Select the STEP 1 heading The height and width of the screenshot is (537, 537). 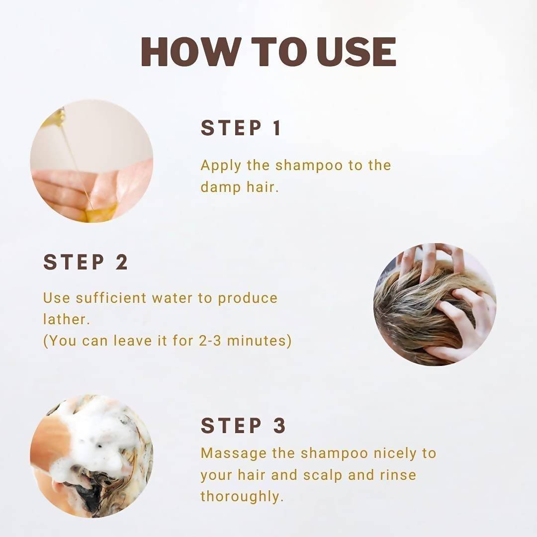pyautogui.click(x=241, y=128)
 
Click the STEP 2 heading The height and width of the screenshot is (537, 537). pyautogui.click(x=86, y=262)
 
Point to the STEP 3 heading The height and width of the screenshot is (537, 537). pyautogui.click(x=243, y=425)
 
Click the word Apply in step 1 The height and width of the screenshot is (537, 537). pyautogui.click(x=221, y=166)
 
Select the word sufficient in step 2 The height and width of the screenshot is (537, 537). pyautogui.click(x=111, y=298)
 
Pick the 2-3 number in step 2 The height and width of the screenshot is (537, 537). pyautogui.click(x=210, y=341)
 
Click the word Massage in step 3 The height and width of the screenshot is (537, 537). pyautogui.click(x=234, y=454)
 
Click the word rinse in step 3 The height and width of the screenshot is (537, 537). pyautogui.click(x=398, y=475)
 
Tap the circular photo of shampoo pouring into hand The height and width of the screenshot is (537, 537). pyautogui.click(x=92, y=161)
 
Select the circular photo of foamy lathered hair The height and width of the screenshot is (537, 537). pyautogui.click(x=92, y=456)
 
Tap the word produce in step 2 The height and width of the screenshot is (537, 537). pyautogui.click(x=248, y=298)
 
